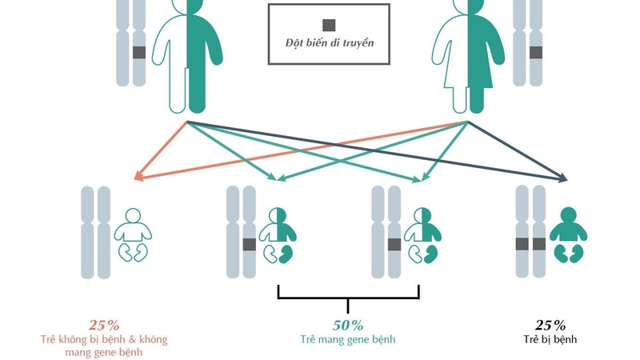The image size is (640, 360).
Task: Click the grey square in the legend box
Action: (x=329, y=25)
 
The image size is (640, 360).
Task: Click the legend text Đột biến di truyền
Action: (x=329, y=43)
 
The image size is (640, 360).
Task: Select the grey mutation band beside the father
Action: (x=139, y=53)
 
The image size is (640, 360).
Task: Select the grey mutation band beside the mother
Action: (x=535, y=53)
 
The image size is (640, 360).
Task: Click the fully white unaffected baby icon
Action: (x=132, y=234)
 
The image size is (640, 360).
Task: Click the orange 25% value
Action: (x=104, y=325)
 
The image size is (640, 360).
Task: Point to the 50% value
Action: (x=348, y=325)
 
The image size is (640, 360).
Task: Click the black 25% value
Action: (x=550, y=325)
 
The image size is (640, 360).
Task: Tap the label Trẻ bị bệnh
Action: (x=551, y=340)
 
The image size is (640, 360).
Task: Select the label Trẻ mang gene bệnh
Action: (x=348, y=340)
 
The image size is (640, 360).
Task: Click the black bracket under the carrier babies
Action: (x=348, y=296)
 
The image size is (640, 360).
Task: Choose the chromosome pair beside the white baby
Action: (x=96, y=232)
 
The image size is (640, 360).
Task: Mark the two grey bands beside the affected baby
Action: (x=531, y=244)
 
